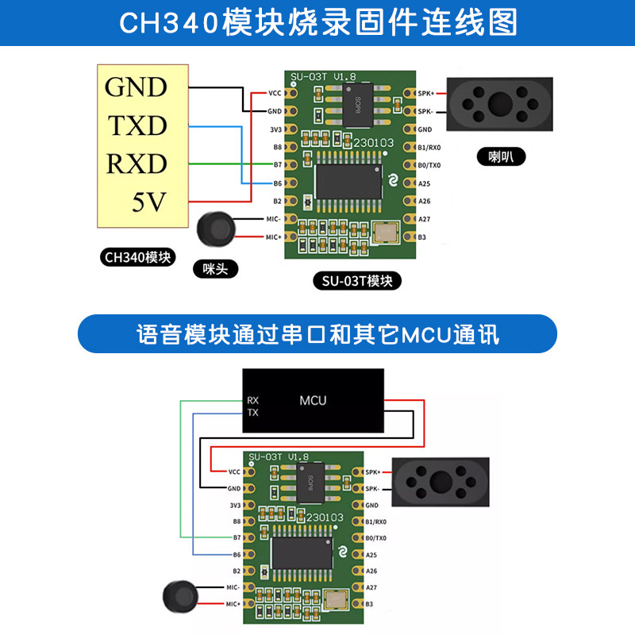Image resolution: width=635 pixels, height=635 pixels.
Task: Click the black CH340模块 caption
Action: point(138,257)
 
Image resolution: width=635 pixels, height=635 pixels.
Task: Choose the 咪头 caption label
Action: point(215,269)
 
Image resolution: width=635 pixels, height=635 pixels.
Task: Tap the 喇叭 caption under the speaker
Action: point(501,156)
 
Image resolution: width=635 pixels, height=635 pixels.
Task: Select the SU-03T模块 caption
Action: point(357,281)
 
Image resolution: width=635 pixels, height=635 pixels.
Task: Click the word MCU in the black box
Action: point(313,400)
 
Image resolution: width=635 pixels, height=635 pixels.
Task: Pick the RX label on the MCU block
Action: point(252,400)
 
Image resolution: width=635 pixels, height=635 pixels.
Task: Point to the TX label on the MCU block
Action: point(252,413)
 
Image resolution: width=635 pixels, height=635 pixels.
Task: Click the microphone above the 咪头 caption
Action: point(216,229)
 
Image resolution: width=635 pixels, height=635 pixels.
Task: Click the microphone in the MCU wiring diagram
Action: point(179,596)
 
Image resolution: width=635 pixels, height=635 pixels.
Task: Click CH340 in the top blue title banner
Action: point(167,22)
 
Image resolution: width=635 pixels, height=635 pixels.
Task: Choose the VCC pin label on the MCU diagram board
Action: point(233,471)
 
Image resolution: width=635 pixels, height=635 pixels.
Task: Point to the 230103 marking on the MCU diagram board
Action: point(324,518)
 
